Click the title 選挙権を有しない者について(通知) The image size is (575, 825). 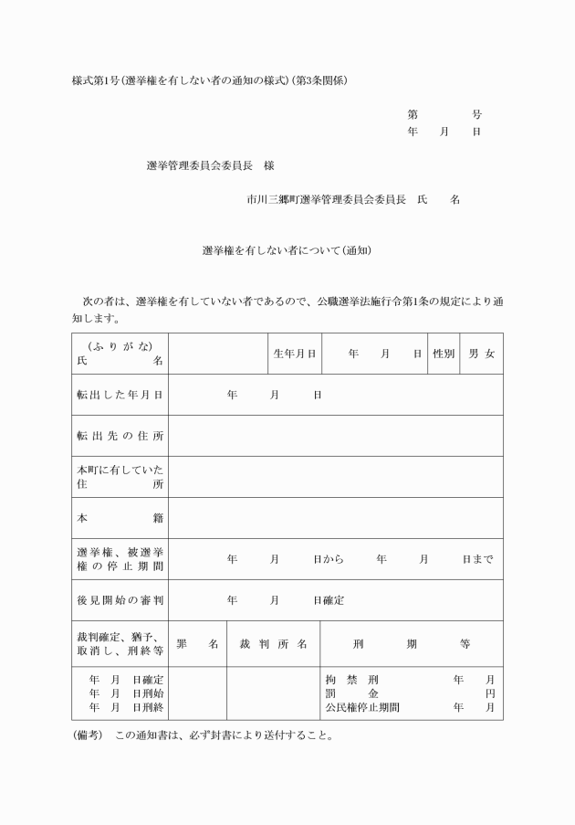click(287, 249)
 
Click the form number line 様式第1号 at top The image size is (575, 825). click(210, 80)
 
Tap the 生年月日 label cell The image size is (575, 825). click(294, 354)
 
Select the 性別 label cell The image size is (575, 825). click(444, 354)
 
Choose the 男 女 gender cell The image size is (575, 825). click(481, 354)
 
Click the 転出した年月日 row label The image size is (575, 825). click(120, 395)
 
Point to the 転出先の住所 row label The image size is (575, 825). click(120, 436)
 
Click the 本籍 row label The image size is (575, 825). click(120, 518)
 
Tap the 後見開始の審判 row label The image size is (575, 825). click(120, 600)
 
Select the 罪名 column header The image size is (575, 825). click(197, 644)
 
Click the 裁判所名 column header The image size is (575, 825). click(272, 644)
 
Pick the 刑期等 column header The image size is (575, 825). click(411, 644)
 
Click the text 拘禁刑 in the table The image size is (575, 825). click(351, 680)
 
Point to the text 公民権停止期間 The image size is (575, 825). click(362, 707)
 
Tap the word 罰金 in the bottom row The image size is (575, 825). click(351, 693)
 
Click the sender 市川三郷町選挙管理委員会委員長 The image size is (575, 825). click(326, 198)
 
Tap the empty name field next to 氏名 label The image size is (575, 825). click(218, 354)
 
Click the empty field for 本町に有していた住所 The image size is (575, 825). click(335, 477)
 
